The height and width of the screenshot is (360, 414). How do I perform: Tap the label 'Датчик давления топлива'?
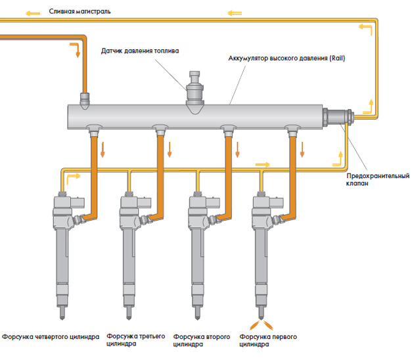(139, 51)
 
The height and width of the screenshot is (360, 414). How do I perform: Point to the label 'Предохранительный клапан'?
(377, 180)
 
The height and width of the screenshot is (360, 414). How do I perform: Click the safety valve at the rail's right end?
(338, 117)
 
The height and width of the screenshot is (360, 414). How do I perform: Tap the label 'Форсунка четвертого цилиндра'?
(51, 336)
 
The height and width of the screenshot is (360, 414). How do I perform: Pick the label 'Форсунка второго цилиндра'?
(201, 340)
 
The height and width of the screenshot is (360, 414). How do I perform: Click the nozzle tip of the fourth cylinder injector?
(64, 307)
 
